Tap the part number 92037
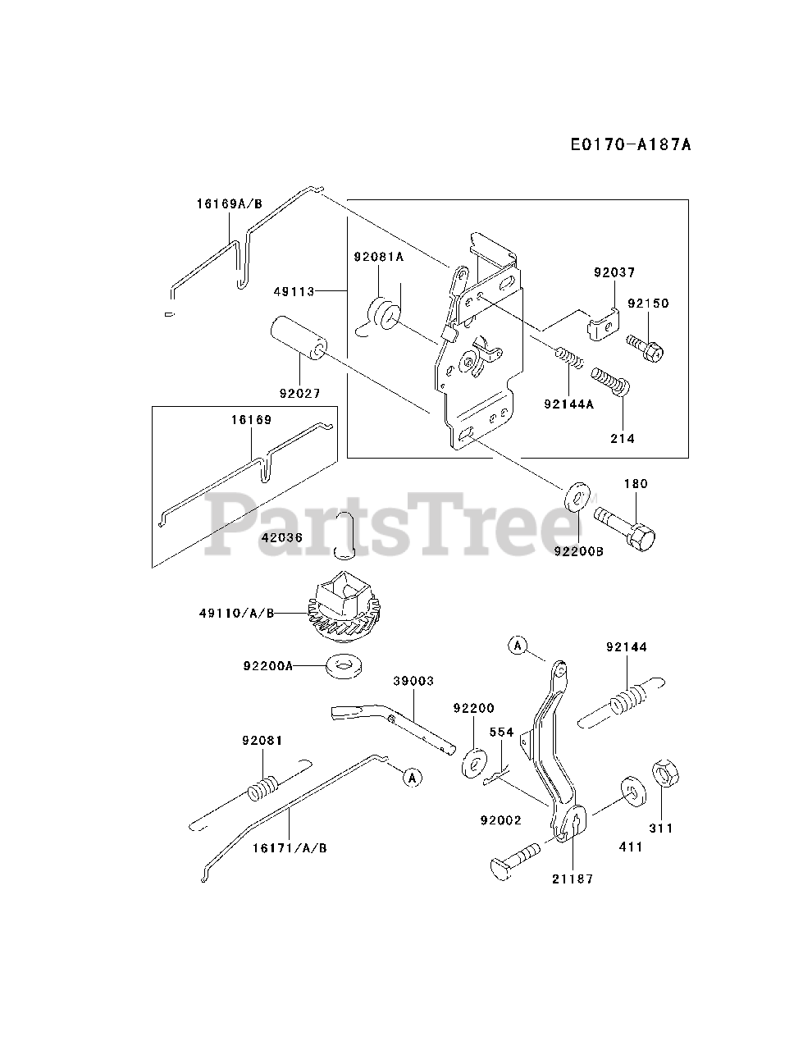[x=614, y=272]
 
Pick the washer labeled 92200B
[x=577, y=496]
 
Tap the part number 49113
[x=297, y=290]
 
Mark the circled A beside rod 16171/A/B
[x=413, y=776]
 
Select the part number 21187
[x=573, y=879]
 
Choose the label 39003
[x=413, y=682]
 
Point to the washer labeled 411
[x=631, y=787]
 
